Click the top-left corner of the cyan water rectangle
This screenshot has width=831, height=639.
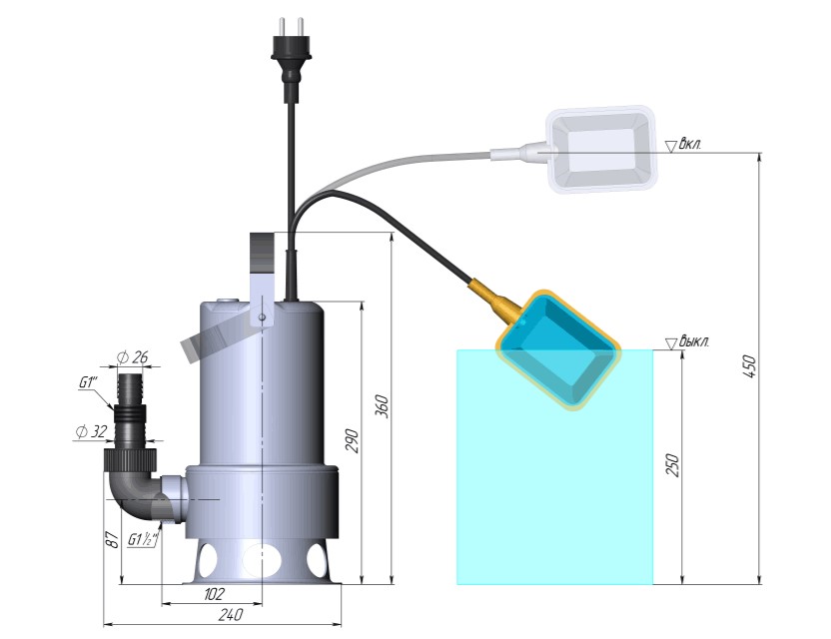(x=457, y=349)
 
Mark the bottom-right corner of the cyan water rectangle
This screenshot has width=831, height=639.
(x=653, y=584)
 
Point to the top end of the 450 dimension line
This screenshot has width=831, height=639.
(x=760, y=153)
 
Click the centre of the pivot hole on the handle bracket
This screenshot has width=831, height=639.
(x=262, y=317)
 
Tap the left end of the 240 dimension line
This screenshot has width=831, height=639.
(x=103, y=625)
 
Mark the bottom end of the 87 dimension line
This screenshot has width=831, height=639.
(x=122, y=584)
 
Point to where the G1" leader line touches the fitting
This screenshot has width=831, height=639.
(x=114, y=409)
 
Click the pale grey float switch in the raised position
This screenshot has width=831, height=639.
(x=602, y=150)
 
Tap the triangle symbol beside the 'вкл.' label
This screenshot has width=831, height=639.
(x=672, y=146)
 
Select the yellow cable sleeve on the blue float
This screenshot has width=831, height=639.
(x=496, y=300)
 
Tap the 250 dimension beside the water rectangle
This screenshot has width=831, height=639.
(x=672, y=464)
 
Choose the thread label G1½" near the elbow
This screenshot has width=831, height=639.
(x=143, y=540)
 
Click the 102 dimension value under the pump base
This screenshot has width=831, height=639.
(x=214, y=594)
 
